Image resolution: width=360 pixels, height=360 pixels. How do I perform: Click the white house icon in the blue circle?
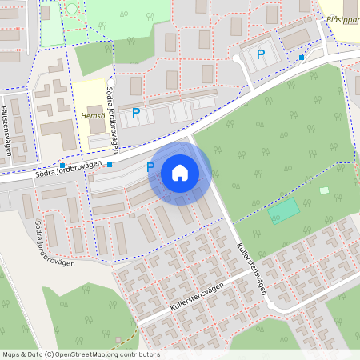click(x=180, y=173)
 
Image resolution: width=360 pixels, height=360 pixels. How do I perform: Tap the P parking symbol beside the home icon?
click(x=150, y=167)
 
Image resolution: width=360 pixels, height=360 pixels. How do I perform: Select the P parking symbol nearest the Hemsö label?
click(x=135, y=113)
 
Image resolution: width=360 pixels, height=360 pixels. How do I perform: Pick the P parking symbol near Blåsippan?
click(x=260, y=54)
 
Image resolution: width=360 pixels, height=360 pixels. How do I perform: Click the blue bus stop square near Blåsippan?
click(x=301, y=58)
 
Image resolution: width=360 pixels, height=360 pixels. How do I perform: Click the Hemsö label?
click(x=94, y=115)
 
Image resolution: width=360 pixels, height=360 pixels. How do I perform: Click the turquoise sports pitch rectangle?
click(x=283, y=211)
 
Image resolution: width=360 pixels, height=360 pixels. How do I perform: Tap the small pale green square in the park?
click(x=324, y=190)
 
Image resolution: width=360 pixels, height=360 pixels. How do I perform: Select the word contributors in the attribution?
click(x=141, y=354)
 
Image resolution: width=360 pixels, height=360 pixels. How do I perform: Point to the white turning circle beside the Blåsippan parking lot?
click(x=236, y=58)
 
